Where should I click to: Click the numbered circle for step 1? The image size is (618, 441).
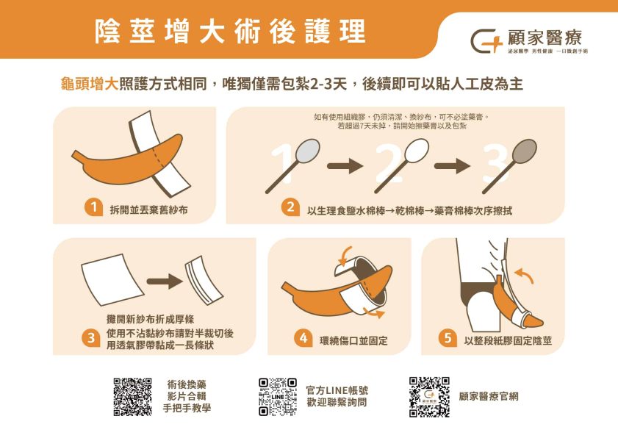pyautogui.click(x=93, y=209)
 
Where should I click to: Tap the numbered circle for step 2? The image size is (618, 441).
pyautogui.click(x=291, y=209)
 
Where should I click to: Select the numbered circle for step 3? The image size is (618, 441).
pyautogui.click(x=91, y=338)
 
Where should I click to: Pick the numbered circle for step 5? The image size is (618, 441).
pyautogui.click(x=447, y=339)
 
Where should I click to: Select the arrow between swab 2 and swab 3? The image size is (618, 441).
pyautogui.click(x=451, y=166)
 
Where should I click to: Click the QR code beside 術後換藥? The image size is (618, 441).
pyautogui.click(x=132, y=397)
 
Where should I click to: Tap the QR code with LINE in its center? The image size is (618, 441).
pyautogui.click(x=278, y=397)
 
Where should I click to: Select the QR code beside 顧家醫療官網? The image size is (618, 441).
pyautogui.click(x=428, y=397)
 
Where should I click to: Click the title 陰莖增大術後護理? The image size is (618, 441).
pyautogui.click(x=230, y=31)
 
